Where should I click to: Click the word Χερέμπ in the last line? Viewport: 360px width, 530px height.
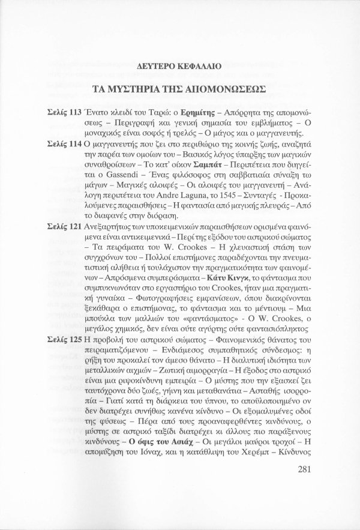(x=261, y=451)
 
